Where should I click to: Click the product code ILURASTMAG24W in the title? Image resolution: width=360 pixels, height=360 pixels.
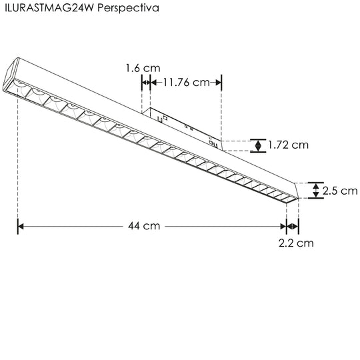point(49,8)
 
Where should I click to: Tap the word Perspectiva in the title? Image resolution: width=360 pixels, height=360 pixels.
point(128,9)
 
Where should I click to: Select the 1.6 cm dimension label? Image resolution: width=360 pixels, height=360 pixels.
point(143,68)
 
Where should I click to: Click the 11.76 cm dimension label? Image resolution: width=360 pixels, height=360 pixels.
point(186,83)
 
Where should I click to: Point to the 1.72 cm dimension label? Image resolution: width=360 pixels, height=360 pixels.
point(289,145)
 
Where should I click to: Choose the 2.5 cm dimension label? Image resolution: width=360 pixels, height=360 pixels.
point(340,191)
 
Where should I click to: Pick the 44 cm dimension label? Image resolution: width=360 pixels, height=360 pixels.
point(144,226)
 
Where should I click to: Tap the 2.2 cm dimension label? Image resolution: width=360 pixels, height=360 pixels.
point(296,243)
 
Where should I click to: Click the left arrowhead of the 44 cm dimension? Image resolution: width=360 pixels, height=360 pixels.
point(21,227)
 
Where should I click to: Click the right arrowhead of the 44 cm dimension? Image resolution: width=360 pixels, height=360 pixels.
point(283,227)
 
